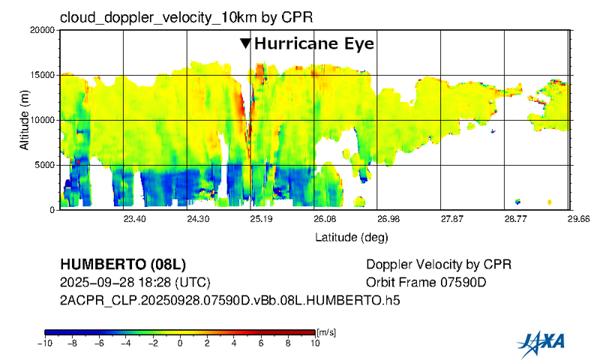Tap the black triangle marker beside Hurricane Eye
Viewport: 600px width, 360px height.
(x=245, y=43)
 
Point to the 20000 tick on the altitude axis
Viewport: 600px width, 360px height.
(x=41, y=30)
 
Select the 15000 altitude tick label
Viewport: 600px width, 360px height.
(x=41, y=75)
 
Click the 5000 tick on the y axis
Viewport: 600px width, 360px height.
(x=43, y=165)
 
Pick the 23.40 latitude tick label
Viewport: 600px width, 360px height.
(x=134, y=219)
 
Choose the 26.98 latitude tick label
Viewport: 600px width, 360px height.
(x=388, y=219)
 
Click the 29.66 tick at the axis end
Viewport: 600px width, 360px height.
(x=579, y=219)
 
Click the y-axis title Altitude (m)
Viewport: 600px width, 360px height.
(x=25, y=120)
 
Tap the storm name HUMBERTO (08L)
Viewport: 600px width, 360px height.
(x=122, y=265)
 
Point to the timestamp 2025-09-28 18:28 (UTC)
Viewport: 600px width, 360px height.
(x=134, y=283)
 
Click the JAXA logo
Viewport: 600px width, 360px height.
(x=541, y=343)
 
